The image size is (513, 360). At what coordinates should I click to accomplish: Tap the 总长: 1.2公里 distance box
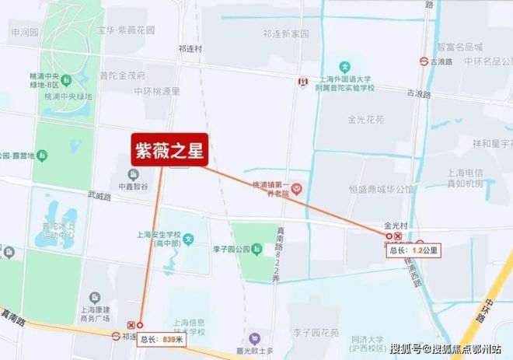pos(414,250)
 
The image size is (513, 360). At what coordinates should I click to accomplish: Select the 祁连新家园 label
pos(285,35)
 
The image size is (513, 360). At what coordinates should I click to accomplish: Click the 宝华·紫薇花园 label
pos(126,31)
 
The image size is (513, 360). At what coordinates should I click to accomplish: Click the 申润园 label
pos(25,33)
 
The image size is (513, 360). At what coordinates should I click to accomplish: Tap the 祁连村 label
pos(190,48)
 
